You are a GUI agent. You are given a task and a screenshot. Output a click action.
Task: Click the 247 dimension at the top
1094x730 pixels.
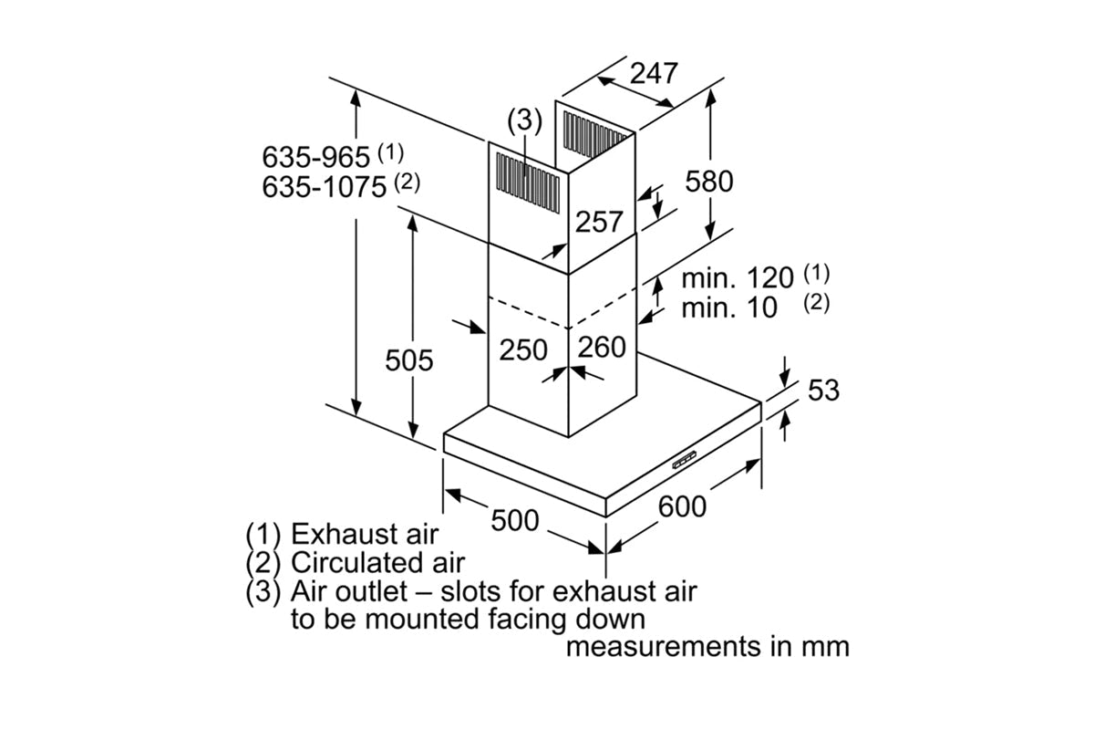[x=654, y=73]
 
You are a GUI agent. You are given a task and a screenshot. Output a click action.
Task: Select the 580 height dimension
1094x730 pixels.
[x=709, y=181]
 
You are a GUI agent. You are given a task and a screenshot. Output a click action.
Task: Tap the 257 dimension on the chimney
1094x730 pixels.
[x=599, y=222]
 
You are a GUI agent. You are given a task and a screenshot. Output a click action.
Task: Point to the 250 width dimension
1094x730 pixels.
[x=523, y=350]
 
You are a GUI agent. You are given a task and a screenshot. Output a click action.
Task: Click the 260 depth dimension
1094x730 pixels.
[x=602, y=347]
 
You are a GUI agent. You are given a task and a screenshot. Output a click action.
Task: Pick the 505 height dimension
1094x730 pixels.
[x=408, y=360]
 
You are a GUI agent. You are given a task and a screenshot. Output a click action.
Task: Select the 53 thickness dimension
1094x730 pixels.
[x=823, y=390]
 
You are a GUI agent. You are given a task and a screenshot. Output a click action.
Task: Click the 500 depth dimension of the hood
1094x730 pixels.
[x=515, y=520]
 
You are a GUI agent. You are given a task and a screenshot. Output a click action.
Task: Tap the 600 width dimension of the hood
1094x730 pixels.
[x=682, y=506]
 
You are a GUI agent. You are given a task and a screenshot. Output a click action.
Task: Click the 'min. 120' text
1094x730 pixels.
[x=738, y=277]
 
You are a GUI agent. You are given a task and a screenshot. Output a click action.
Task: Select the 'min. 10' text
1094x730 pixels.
[x=729, y=308]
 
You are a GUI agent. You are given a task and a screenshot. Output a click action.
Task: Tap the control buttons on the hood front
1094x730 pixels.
[x=684, y=460]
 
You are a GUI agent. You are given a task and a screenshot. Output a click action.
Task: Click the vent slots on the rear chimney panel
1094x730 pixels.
[x=594, y=135]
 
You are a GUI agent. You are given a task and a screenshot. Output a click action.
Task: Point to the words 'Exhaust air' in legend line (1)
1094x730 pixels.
[x=365, y=534]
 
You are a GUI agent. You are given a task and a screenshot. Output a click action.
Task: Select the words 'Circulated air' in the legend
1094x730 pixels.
[x=377, y=562]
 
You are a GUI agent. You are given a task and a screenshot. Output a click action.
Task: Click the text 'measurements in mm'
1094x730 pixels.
[x=707, y=646]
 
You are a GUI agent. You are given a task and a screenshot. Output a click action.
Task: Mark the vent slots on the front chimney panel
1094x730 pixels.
[x=528, y=182]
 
